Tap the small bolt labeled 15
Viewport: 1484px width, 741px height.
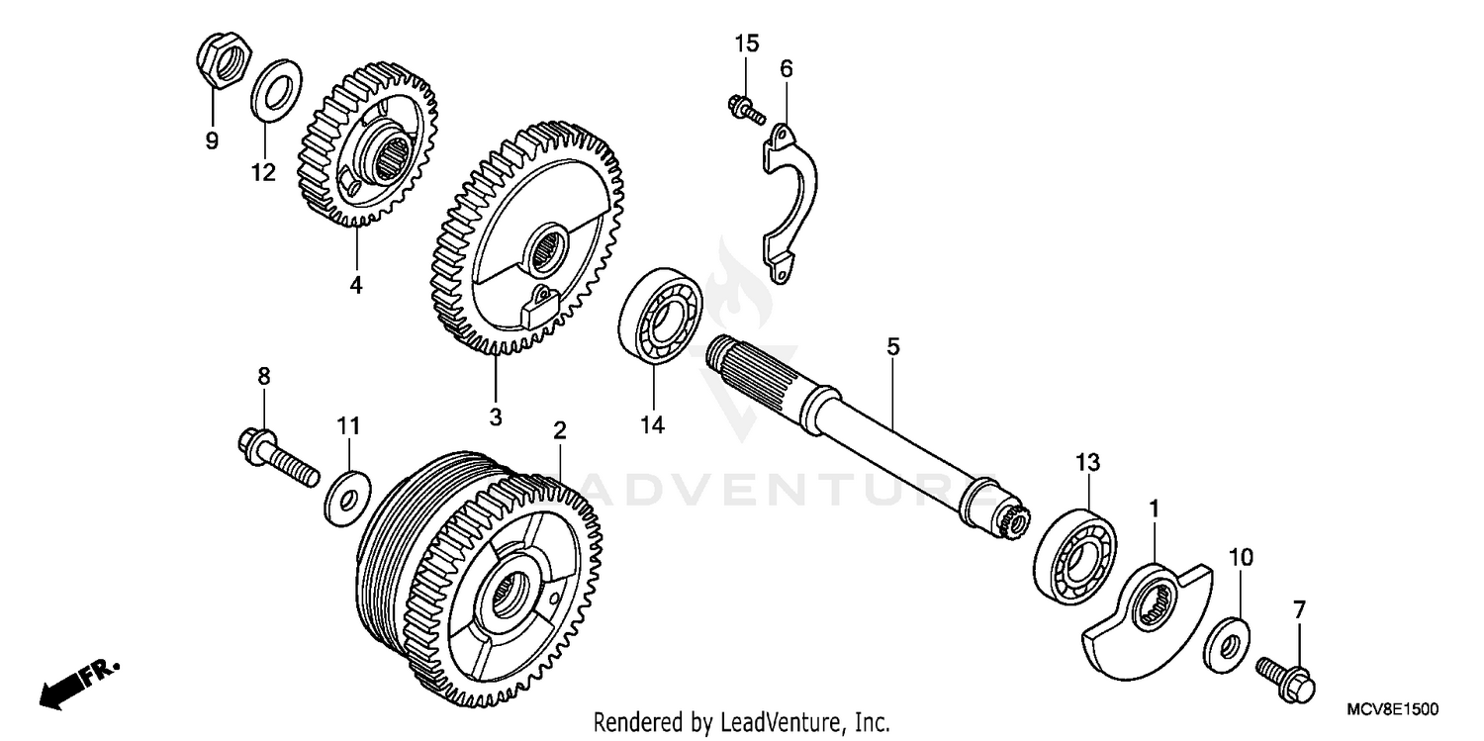pyautogui.click(x=745, y=108)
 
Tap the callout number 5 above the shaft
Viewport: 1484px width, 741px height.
pyautogui.click(x=892, y=347)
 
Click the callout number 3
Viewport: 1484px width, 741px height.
pyautogui.click(x=495, y=417)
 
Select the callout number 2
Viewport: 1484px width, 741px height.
pyautogui.click(x=559, y=430)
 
